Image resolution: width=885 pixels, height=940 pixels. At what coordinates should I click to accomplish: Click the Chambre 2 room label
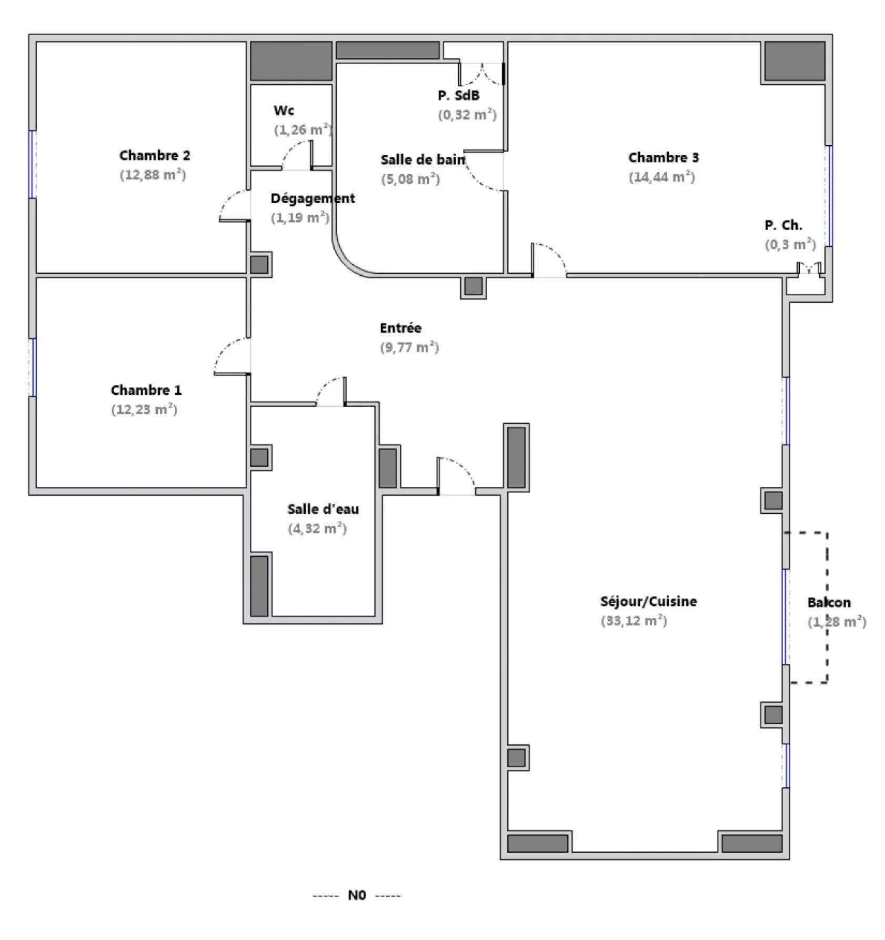(x=154, y=155)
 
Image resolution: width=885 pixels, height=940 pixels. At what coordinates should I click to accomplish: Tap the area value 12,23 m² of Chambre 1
(x=144, y=409)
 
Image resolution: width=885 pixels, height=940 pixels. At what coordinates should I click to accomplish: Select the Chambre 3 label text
(x=663, y=157)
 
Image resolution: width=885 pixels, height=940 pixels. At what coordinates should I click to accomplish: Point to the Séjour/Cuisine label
(x=648, y=601)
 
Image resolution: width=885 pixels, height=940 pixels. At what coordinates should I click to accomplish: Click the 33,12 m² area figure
(x=633, y=621)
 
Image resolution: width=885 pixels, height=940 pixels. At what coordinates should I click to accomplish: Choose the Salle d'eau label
(x=323, y=509)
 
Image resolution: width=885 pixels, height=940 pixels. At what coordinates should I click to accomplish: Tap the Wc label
(x=284, y=111)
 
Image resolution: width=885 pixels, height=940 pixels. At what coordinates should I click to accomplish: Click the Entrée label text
(x=400, y=328)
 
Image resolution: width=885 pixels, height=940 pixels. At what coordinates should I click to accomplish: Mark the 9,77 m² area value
(x=409, y=347)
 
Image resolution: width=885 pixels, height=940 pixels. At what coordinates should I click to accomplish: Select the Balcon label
(x=829, y=603)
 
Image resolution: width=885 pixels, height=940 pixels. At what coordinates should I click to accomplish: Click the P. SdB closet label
(x=458, y=95)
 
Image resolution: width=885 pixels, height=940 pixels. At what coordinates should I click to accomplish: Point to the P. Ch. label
(x=783, y=225)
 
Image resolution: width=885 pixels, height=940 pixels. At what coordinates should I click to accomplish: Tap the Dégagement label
(x=313, y=198)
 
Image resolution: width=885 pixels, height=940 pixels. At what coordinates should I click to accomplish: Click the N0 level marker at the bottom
(x=357, y=895)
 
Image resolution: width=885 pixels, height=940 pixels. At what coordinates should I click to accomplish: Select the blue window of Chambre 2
(x=33, y=164)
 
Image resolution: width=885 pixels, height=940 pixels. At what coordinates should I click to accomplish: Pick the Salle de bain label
(x=423, y=159)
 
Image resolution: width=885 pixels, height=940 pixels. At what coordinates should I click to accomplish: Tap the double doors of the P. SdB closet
(x=482, y=74)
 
